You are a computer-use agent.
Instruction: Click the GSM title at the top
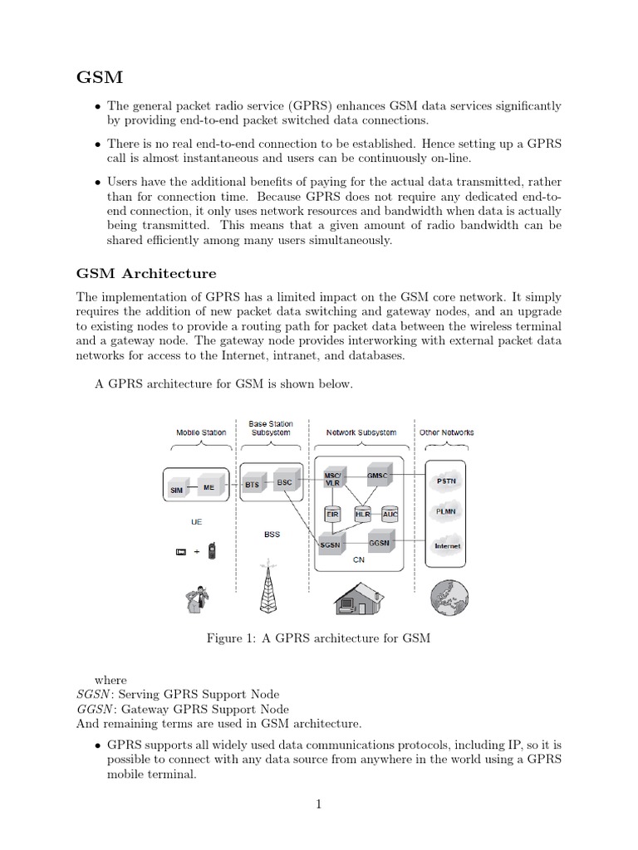[x=100, y=78]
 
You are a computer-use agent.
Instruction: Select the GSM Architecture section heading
[x=146, y=273]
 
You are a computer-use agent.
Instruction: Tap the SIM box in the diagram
[x=176, y=489]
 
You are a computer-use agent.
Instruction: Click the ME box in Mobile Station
[x=209, y=486]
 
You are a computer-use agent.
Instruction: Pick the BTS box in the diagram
[x=253, y=483]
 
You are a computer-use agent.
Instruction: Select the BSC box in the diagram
[x=284, y=482]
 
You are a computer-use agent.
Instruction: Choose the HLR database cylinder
[x=362, y=514]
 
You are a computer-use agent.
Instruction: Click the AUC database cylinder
[x=390, y=514]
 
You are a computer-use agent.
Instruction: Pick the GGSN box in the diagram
[x=380, y=540]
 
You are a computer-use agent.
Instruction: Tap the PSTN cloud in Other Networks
[x=446, y=481]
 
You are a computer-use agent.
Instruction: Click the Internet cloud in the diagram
[x=446, y=545]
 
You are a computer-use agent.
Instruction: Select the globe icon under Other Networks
[x=446, y=594]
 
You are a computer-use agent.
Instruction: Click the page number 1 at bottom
[x=318, y=804]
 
